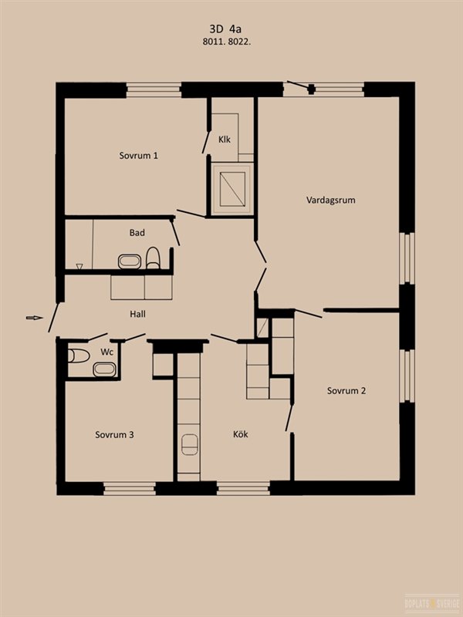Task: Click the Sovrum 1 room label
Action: (139, 156)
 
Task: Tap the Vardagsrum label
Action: (331, 200)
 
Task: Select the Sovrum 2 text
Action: (346, 391)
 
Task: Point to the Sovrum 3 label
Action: (114, 435)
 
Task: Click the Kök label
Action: (240, 434)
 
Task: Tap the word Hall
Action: (138, 314)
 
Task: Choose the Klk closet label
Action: (225, 140)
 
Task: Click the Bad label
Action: (137, 233)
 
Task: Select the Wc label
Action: (107, 352)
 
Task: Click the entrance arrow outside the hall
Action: (35, 318)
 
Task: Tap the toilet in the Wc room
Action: (79, 356)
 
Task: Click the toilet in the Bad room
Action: (153, 258)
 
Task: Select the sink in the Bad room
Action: (130, 261)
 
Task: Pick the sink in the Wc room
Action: (104, 369)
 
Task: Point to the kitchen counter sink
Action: (189, 444)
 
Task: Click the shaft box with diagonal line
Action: (232, 189)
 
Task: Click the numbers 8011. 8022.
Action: (227, 42)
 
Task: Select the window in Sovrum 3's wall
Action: (130, 488)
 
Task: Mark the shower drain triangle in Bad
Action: (79, 266)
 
